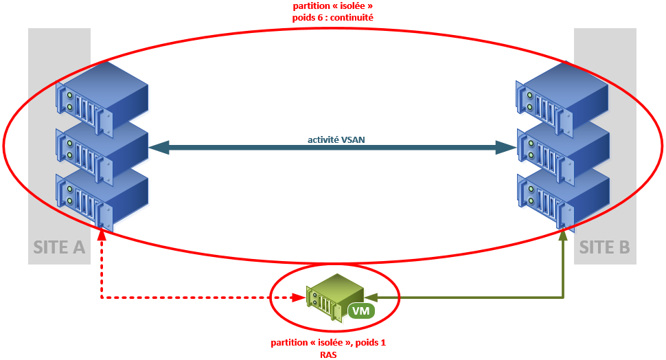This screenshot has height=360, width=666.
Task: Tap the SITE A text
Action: pos(59,247)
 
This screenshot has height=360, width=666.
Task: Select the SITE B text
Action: pos(604,247)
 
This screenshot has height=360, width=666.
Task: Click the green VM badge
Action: pos(360,311)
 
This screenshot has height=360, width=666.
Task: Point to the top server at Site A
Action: pos(103,93)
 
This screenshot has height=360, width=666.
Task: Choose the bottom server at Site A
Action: pos(103,196)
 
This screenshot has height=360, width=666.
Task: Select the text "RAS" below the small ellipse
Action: pos(329,355)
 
